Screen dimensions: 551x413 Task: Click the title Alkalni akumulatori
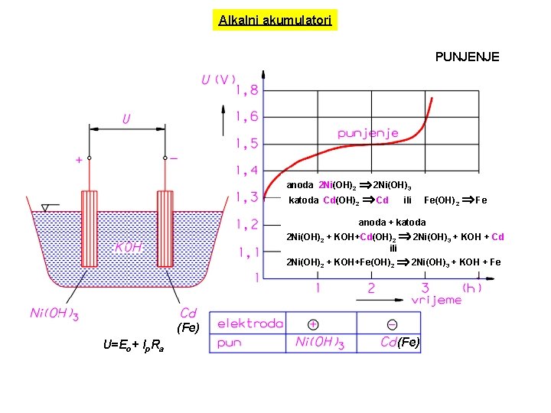coord(275,21)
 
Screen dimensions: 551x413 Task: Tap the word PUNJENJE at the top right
coord(467,57)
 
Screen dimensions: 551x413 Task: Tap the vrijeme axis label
coord(436,300)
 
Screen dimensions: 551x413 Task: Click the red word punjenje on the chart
coord(368,132)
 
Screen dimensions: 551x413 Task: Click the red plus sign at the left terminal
coord(78,161)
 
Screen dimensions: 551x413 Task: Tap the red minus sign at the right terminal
coord(174,158)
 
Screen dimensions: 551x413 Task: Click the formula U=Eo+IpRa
coord(132,346)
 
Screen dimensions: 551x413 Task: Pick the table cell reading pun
coord(230,343)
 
